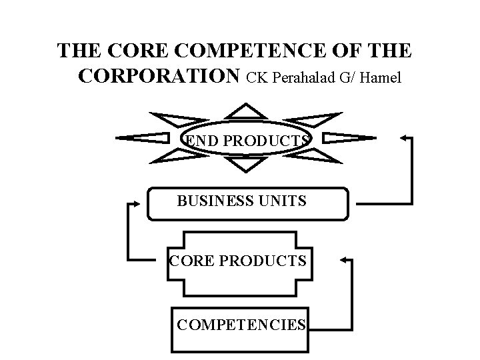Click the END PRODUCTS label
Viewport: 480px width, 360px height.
click(247, 141)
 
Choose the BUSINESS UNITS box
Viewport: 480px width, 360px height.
click(247, 203)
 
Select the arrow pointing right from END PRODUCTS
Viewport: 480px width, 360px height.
click(348, 138)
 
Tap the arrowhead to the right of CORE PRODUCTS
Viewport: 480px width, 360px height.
click(343, 261)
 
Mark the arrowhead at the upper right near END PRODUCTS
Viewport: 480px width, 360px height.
click(403, 138)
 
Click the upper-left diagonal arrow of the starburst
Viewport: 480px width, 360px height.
click(171, 121)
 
